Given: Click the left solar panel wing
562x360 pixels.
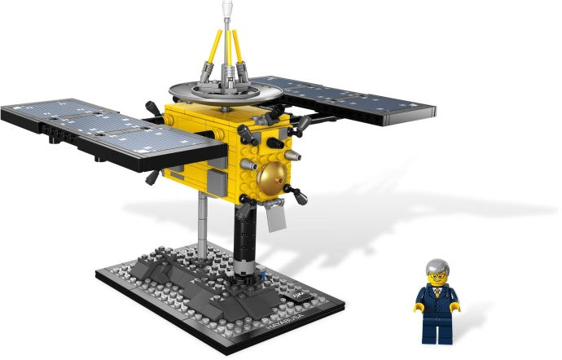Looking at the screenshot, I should pyautogui.click(x=106, y=130).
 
